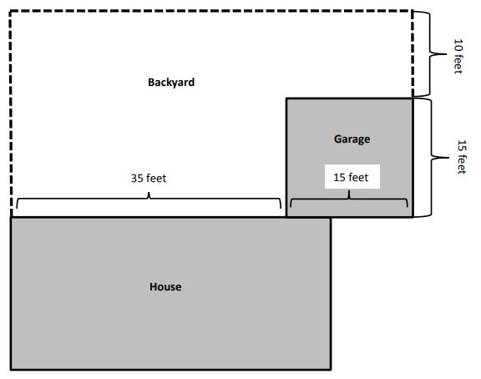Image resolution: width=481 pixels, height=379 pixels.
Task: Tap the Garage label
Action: pos(352,139)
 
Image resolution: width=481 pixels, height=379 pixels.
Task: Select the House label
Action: pos(165,287)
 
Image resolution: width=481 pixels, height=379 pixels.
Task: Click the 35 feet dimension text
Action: pos(149,178)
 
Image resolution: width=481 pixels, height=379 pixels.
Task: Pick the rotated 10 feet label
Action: pos(458,56)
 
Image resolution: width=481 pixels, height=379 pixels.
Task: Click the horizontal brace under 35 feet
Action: pos(149,200)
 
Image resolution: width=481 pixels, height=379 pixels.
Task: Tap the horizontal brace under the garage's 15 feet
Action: pos(349,200)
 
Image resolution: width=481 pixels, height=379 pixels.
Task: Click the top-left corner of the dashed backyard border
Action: pos(11,12)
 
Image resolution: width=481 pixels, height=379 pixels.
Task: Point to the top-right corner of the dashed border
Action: pos(413,12)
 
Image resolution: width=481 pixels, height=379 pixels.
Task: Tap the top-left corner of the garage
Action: pos(287,99)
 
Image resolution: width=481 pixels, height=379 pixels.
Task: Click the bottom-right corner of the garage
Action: pos(413,217)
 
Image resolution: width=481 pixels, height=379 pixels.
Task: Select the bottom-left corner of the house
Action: pos(12,369)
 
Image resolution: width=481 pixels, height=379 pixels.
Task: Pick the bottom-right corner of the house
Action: pos(331,369)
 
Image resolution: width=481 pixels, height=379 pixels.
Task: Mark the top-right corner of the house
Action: pos(331,218)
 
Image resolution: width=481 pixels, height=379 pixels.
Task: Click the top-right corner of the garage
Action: pos(413,99)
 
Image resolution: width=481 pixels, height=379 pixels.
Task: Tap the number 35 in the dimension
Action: pos(137,178)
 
